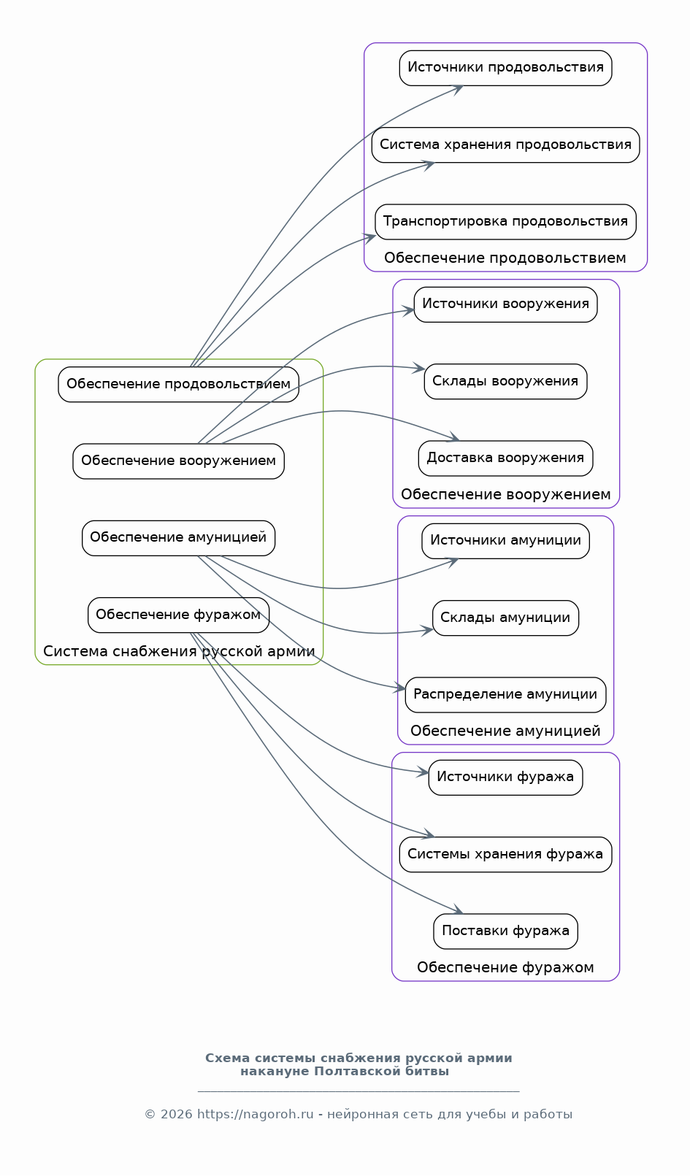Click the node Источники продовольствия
click(505, 68)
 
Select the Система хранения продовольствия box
click(505, 145)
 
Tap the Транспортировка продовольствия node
click(505, 222)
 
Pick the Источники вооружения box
click(505, 304)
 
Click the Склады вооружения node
click(505, 381)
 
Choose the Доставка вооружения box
click(505, 458)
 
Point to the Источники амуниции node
click(505, 541)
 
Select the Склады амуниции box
click(505, 618)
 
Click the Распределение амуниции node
click(505, 694)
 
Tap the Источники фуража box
click(505, 777)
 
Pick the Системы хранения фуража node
click(505, 855)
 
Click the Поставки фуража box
click(505, 931)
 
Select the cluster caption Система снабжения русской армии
click(179, 652)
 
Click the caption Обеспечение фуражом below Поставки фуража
click(505, 967)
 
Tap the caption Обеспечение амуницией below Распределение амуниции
click(505, 731)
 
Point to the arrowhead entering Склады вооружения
click(419, 369)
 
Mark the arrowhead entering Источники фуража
click(423, 772)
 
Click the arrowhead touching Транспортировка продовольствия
click(369, 238)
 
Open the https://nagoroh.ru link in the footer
click(256, 1115)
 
